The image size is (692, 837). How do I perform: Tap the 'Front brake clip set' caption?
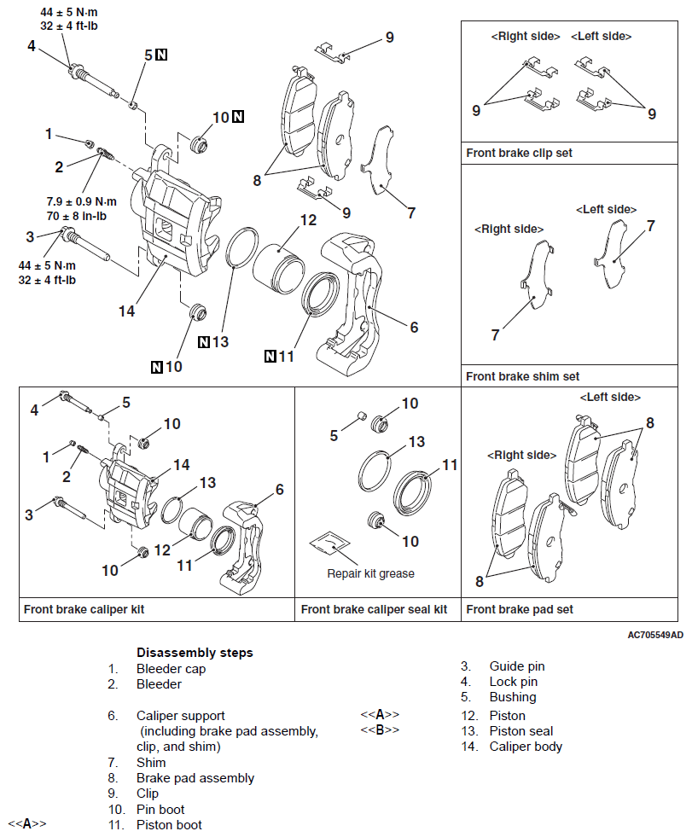[519, 154]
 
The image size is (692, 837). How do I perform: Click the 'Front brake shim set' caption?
[522, 376]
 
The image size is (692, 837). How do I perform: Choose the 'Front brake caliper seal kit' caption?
[374, 609]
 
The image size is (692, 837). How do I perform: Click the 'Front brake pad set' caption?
[520, 609]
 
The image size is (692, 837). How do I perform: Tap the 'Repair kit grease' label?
[370, 573]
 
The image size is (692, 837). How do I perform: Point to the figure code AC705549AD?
[654, 635]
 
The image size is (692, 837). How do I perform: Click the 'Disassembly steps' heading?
[195, 653]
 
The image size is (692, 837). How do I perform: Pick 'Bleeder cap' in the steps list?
[171, 669]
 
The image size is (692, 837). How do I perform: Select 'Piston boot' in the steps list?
[169, 825]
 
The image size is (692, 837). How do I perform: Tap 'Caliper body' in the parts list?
[526, 747]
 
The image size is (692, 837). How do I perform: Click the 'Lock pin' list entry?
[513, 682]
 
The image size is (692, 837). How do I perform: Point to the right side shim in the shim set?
[536, 273]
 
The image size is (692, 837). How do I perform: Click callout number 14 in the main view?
[126, 311]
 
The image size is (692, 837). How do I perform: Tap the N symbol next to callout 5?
[161, 55]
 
